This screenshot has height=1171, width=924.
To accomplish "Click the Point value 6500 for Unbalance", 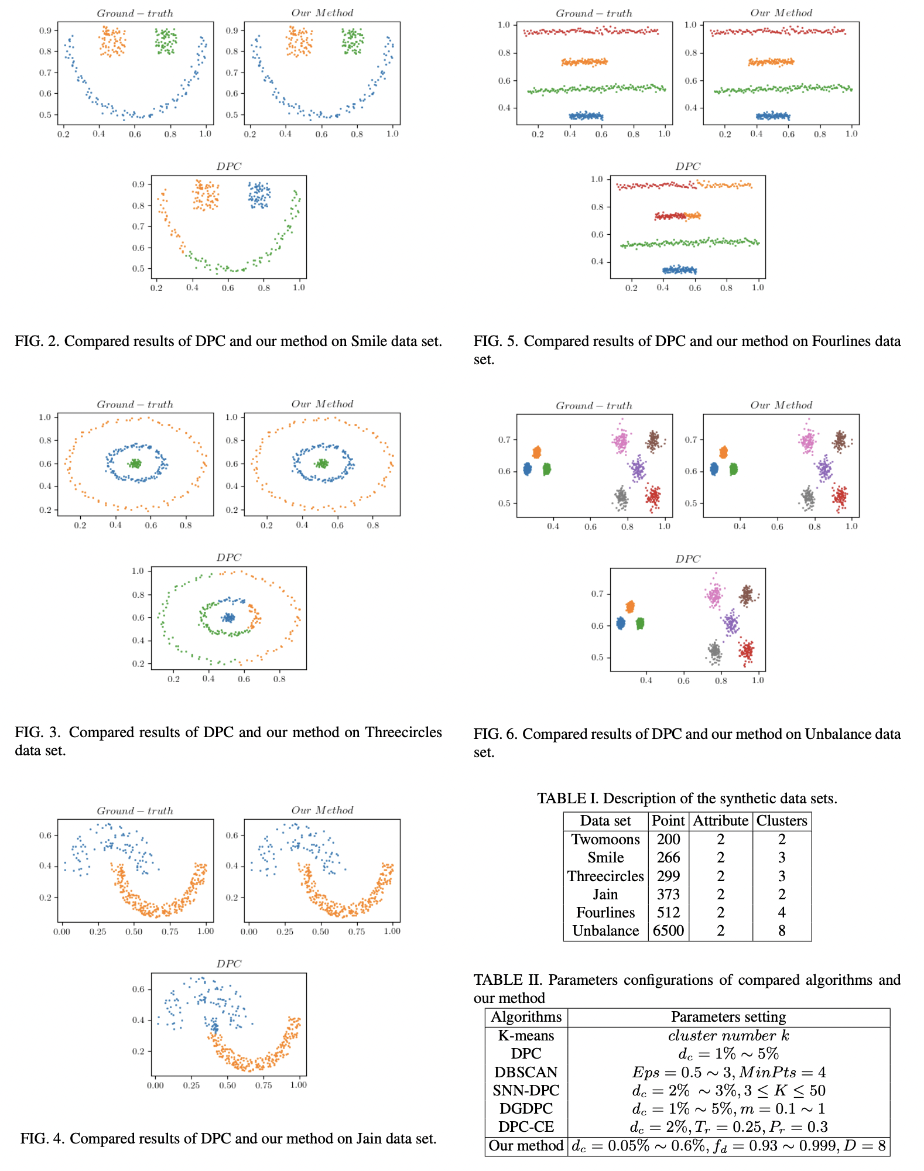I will click(x=668, y=930).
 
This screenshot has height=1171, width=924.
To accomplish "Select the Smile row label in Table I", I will click(x=605, y=857).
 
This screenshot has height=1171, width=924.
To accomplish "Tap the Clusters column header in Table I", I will click(x=781, y=821).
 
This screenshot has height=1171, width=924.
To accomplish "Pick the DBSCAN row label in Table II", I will click(x=526, y=1072).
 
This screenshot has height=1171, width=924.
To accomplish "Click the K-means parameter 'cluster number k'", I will click(x=728, y=1035).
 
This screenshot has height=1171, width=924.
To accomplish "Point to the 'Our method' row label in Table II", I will click(x=526, y=1145).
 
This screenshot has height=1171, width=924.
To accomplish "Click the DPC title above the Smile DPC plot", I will click(x=228, y=166).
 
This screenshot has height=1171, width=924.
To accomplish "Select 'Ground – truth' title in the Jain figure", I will click(x=135, y=811).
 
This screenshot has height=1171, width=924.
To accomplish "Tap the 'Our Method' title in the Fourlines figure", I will click(x=781, y=13).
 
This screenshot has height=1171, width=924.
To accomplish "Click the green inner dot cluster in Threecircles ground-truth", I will click(x=135, y=463).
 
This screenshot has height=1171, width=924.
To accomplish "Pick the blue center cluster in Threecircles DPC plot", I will click(x=228, y=617).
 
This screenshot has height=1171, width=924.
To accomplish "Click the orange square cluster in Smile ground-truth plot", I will click(x=112, y=42).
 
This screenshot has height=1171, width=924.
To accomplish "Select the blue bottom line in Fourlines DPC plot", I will click(x=679, y=270).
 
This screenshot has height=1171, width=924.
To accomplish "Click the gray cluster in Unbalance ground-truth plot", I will click(x=621, y=498).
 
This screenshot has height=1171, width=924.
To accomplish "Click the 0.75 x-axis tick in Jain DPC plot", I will click(x=263, y=1085).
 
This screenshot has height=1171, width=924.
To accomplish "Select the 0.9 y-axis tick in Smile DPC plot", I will click(x=138, y=184).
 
